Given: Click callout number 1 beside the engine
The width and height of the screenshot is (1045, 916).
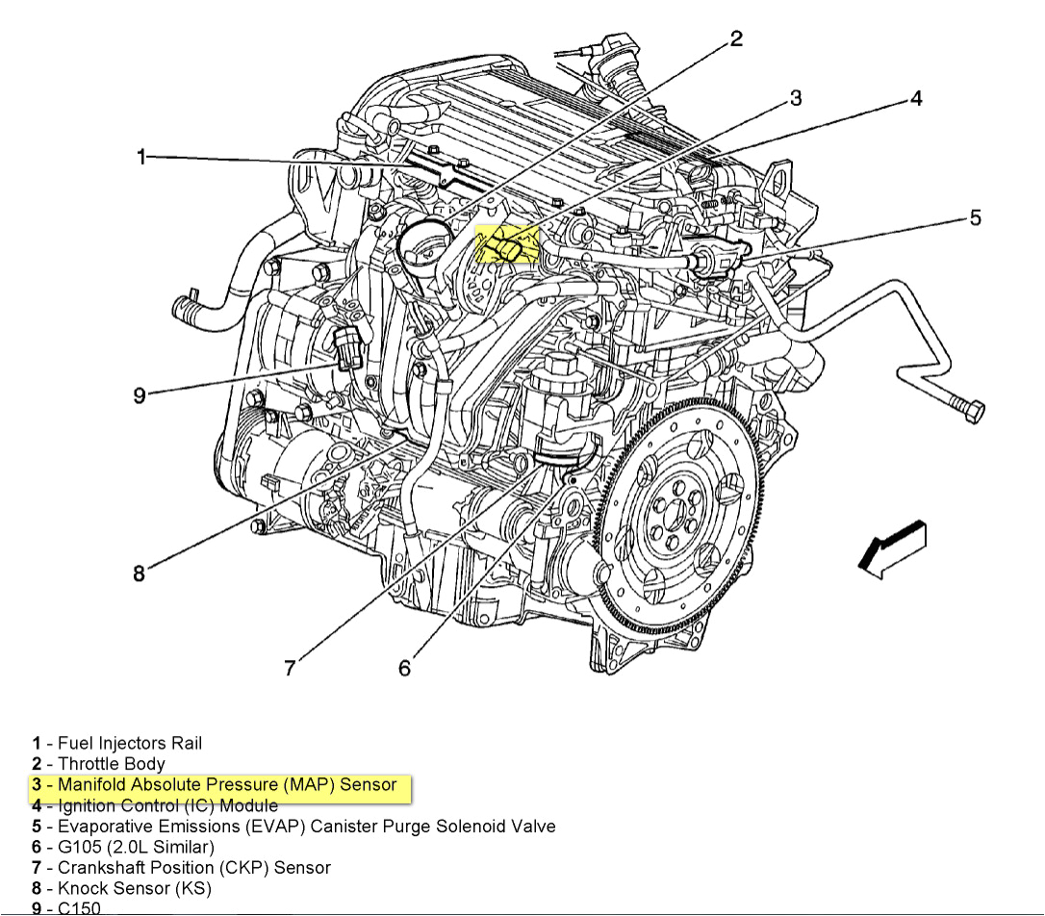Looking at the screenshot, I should click(141, 157).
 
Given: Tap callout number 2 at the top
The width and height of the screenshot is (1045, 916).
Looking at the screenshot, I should click(736, 38).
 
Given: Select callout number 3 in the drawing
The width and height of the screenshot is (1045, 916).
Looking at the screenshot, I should click(796, 98).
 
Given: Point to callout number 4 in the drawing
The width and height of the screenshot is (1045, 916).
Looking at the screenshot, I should click(915, 98).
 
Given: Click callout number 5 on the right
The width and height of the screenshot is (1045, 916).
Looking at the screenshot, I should click(975, 218).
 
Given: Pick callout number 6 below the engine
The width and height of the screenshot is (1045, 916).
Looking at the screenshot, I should click(404, 667).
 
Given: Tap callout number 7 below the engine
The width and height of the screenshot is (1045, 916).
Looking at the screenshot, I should click(290, 667).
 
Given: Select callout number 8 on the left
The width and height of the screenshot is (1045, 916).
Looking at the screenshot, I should click(140, 573).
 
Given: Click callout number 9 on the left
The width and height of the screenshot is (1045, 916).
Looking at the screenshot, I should click(140, 395).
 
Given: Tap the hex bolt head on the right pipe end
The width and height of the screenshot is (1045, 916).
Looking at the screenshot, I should click(971, 411).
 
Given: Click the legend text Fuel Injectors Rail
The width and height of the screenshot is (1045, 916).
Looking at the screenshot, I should click(130, 743).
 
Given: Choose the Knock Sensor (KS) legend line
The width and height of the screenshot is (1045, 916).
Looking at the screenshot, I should click(135, 888).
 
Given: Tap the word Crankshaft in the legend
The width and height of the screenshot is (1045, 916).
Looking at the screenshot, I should click(100, 868).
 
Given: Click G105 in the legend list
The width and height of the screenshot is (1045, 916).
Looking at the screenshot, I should click(81, 847).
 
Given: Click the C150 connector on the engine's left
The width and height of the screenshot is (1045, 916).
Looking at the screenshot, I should click(347, 347).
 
